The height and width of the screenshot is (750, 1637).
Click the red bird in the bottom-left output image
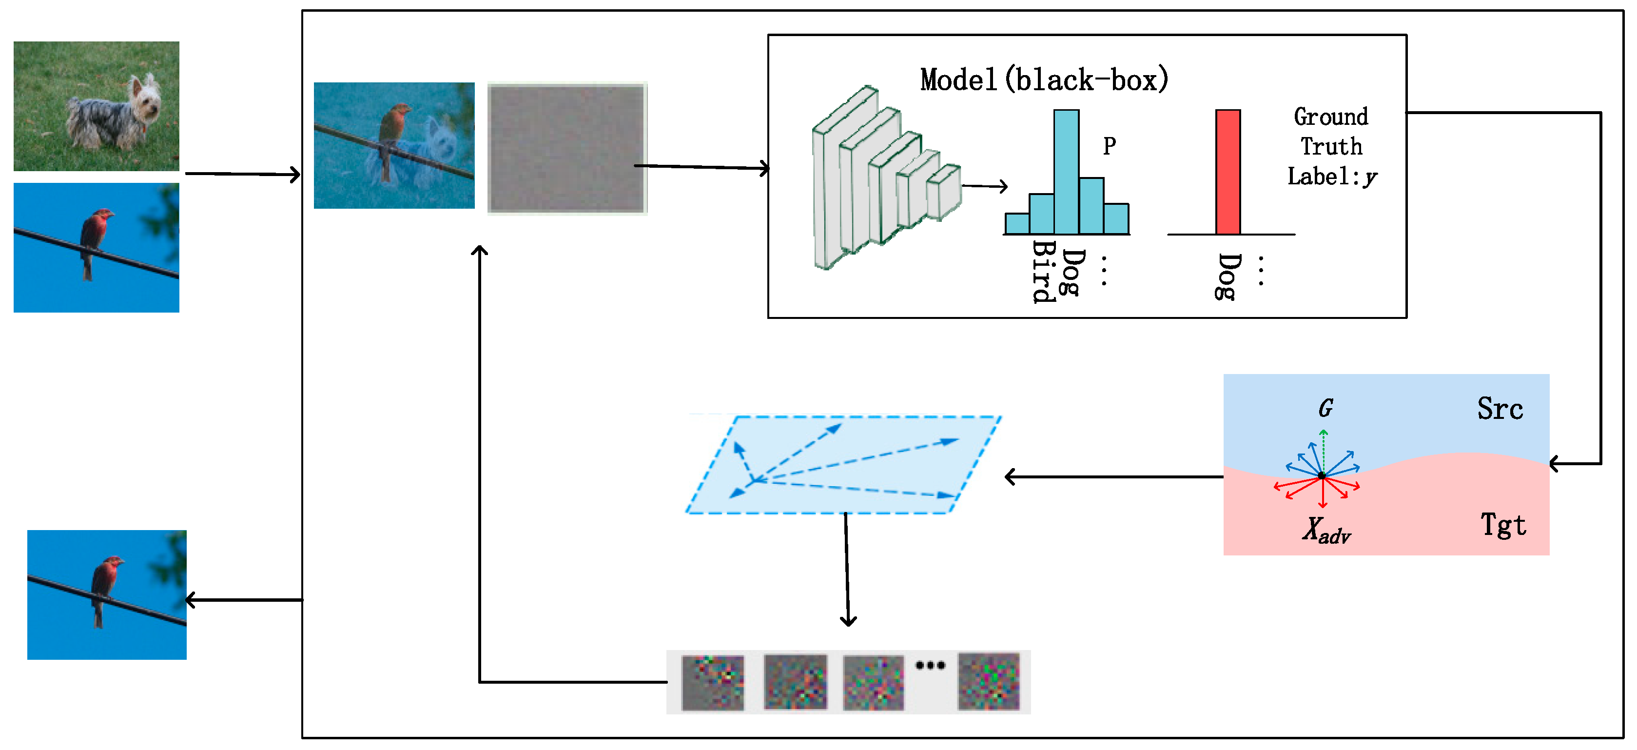(x=105, y=585)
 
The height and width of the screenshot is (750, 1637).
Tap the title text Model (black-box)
(x=1043, y=80)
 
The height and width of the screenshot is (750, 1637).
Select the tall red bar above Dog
(x=1227, y=172)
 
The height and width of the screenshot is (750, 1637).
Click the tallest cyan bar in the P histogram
(x=1066, y=172)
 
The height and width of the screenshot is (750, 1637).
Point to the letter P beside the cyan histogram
(x=1109, y=146)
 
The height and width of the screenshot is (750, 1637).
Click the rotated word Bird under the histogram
(x=1042, y=272)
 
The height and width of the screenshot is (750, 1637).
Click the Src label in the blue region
(x=1499, y=409)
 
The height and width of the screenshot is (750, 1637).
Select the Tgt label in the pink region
(x=1502, y=525)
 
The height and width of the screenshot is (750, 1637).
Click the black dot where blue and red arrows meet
(x=1322, y=475)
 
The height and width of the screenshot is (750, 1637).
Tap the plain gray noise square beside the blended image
(x=567, y=148)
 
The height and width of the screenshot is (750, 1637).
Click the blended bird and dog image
(x=394, y=145)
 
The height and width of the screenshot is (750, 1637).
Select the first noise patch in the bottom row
(x=712, y=683)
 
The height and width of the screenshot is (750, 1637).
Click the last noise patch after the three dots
(x=988, y=681)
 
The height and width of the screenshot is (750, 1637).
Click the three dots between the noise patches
(x=930, y=666)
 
